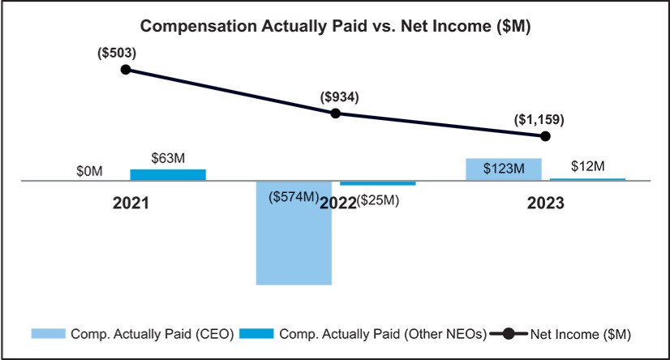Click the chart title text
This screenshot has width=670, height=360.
335,26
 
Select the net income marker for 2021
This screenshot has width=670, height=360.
126,70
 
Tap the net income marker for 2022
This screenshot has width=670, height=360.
336,113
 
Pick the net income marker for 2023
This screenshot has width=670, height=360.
546,135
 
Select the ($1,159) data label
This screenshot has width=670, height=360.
539,119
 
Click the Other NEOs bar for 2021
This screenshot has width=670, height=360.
168,174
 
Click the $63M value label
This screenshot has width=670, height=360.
169,158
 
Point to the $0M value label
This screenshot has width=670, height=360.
88,171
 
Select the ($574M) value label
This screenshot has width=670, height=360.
293,197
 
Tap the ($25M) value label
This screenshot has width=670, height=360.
377,199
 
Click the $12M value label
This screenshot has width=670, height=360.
587,166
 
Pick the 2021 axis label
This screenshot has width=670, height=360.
131,203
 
